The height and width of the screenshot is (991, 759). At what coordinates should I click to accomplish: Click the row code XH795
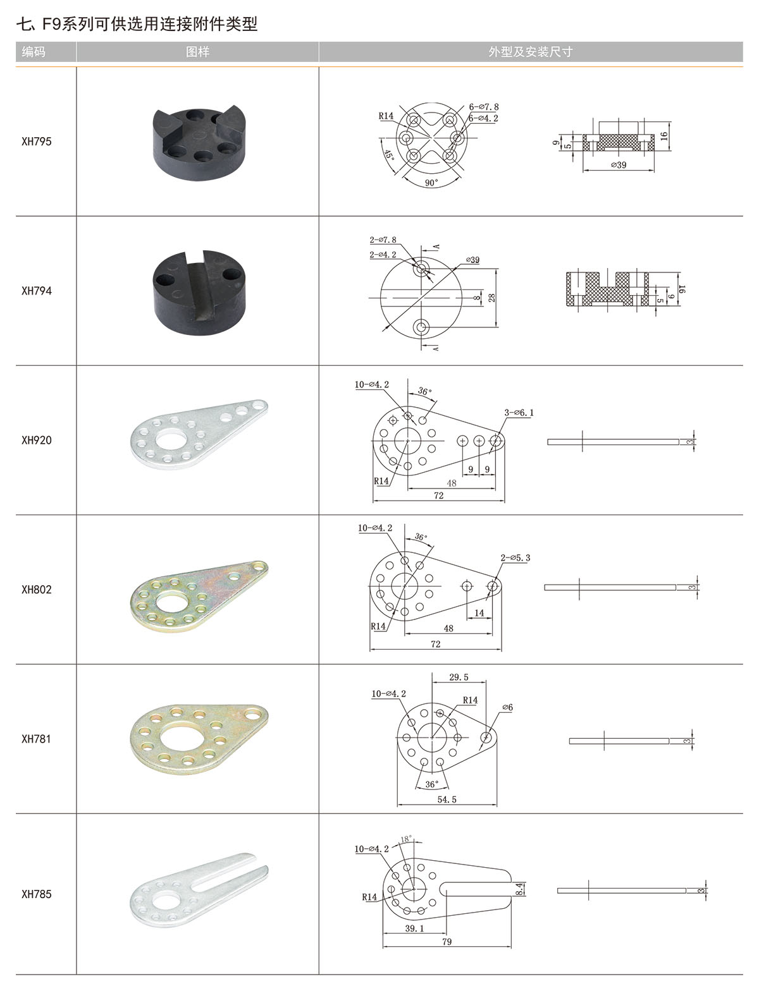coord(37,142)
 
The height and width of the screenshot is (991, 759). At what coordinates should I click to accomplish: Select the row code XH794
coord(37,291)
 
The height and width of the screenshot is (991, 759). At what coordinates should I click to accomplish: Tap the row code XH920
coord(37,440)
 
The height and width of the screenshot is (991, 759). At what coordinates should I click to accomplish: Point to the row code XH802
coord(37,590)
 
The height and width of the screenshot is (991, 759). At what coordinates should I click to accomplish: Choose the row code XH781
coord(37,739)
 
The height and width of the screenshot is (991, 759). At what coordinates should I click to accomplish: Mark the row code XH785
coord(37,894)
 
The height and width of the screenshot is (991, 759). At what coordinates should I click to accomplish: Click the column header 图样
coord(197,52)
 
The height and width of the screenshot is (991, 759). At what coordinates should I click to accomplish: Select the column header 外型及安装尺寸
coord(530,52)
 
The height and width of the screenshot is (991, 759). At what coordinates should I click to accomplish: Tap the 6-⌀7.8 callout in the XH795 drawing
coord(484,107)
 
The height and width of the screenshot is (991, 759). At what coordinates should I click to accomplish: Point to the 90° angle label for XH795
coord(431,183)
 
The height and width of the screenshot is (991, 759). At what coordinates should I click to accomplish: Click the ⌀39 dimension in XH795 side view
coord(619,165)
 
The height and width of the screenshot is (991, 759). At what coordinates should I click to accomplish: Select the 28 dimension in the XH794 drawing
coord(491,297)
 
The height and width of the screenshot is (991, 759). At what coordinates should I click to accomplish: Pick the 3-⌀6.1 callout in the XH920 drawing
coord(519,413)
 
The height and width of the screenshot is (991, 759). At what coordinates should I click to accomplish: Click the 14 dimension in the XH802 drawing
coord(479,612)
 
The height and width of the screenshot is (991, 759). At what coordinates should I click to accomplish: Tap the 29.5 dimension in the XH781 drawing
coord(459,677)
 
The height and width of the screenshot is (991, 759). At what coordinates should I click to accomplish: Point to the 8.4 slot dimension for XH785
coord(519,889)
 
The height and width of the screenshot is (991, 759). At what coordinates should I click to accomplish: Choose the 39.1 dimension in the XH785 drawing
coord(414,928)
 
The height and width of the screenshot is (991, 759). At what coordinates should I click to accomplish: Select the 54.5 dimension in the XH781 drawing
coord(447,799)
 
